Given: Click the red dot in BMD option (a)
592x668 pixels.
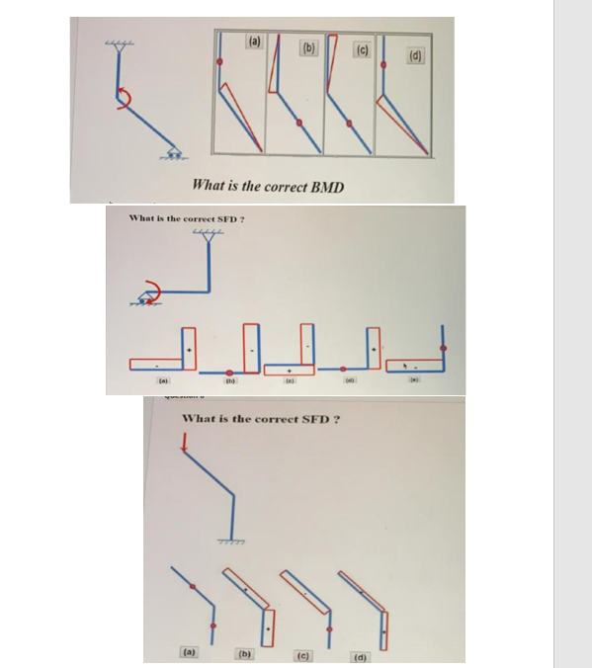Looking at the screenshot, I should (x=219, y=61).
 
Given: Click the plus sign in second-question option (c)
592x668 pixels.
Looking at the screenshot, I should (x=289, y=367).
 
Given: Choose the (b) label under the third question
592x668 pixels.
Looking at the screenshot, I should (x=244, y=652).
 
